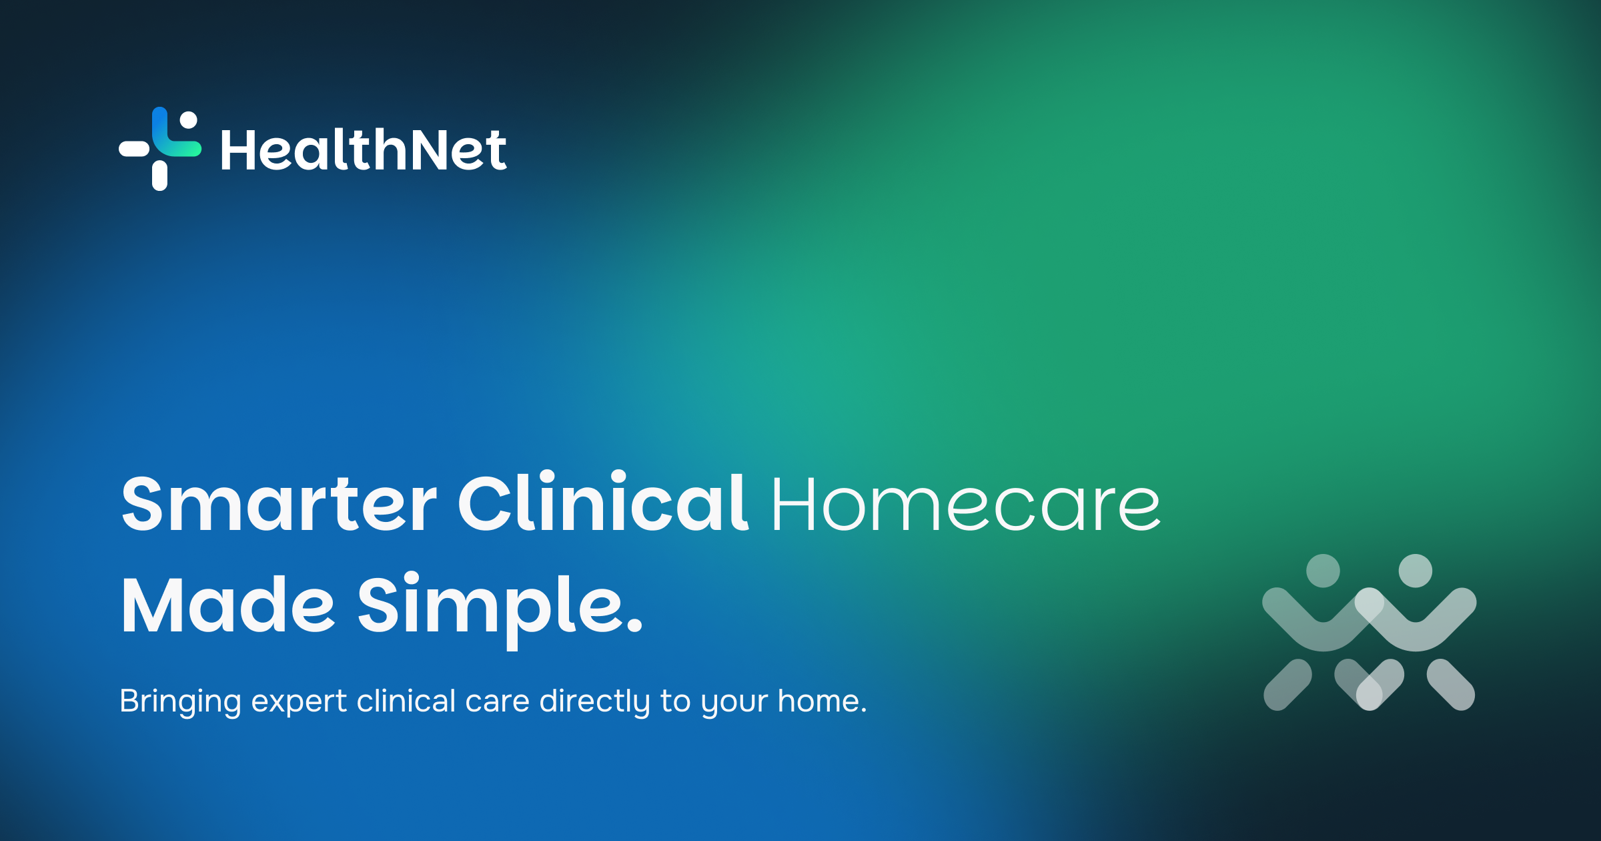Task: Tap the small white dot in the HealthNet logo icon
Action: pyautogui.click(x=189, y=119)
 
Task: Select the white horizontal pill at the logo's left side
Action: pyautogui.click(x=135, y=148)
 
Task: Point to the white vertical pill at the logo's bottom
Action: pyautogui.click(x=159, y=176)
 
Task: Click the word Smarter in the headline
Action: pyautogui.click(x=279, y=503)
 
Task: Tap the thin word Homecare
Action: pyautogui.click(x=966, y=505)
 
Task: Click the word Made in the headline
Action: pyautogui.click(x=227, y=605)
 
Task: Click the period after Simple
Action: pyautogui.click(x=635, y=625)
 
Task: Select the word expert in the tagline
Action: pyautogui.click(x=299, y=704)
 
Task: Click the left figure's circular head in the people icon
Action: pyautogui.click(x=1323, y=571)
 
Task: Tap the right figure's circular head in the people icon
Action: pyautogui.click(x=1416, y=571)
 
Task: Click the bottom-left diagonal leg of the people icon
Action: pyautogui.click(x=1287, y=685)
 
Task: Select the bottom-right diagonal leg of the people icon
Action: pyautogui.click(x=1451, y=685)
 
